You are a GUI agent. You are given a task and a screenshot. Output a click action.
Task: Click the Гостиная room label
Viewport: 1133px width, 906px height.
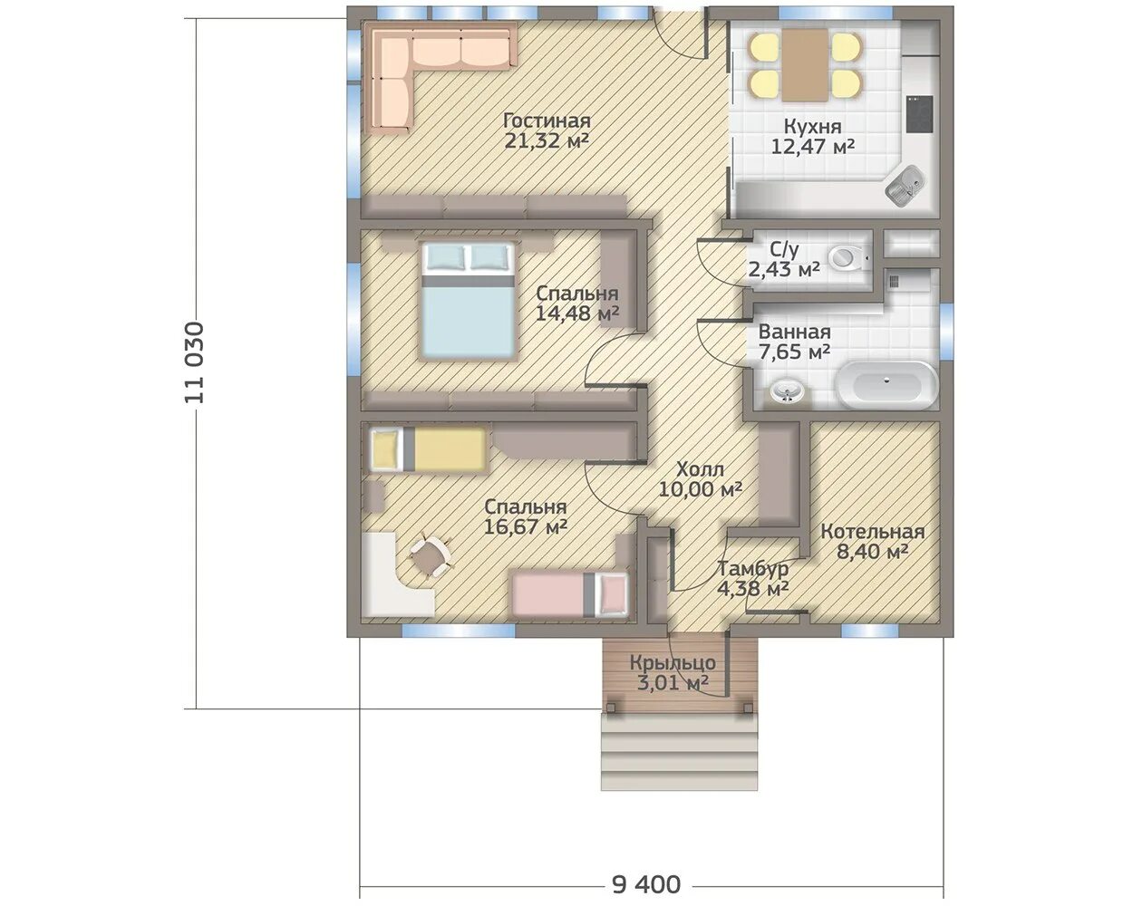[x=547, y=121]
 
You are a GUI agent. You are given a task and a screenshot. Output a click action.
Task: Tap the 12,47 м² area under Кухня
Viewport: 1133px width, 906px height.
[x=812, y=147]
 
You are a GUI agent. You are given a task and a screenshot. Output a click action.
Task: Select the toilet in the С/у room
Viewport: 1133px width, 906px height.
[x=848, y=258]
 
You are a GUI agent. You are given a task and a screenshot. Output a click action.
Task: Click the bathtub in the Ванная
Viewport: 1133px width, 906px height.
[x=886, y=384]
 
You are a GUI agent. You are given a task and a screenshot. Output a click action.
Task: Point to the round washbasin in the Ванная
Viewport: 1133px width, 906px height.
[x=787, y=391]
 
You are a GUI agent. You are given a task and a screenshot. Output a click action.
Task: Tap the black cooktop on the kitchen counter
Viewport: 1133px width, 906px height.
[x=919, y=114]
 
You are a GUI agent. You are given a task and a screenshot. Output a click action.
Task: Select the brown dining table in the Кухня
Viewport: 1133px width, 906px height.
[x=805, y=65]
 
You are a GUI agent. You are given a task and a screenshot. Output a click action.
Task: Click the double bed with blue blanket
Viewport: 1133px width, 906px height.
[x=468, y=301]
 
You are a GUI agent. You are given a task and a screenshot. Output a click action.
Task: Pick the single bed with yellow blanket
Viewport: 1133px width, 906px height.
[x=428, y=449]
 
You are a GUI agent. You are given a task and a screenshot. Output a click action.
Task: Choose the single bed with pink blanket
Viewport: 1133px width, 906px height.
[x=570, y=595]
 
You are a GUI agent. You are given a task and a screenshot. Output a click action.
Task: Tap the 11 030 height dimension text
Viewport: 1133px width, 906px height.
[x=194, y=363]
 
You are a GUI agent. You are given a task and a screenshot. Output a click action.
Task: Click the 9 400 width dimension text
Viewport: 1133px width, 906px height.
[x=646, y=885]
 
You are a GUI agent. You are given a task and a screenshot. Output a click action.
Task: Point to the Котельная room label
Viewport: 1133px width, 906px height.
[x=872, y=532]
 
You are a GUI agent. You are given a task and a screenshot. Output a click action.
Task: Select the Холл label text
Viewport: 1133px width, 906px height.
[x=700, y=469]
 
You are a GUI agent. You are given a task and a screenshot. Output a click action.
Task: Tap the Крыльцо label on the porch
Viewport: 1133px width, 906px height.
[x=673, y=662]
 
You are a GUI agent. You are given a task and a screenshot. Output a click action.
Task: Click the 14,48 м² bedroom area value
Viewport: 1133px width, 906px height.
[x=577, y=313]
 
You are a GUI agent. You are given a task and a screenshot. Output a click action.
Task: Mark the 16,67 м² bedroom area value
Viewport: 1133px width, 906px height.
[x=526, y=526]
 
